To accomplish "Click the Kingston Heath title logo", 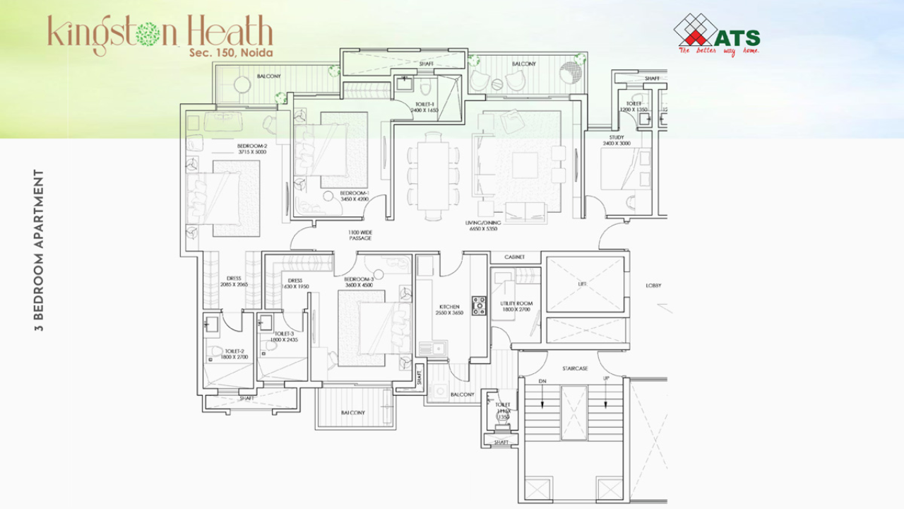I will (x=160, y=33).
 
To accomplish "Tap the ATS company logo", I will (x=717, y=35).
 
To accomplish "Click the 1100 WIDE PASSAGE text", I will (x=359, y=235).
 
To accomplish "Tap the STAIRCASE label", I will (x=575, y=368).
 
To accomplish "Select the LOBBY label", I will (x=654, y=286).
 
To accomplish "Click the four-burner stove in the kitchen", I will (x=479, y=305).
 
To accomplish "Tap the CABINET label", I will (x=514, y=257).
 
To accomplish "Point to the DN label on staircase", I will (x=542, y=381).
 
